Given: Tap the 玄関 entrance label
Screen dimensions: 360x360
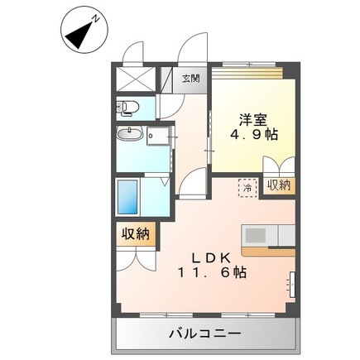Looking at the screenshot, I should point(190,79).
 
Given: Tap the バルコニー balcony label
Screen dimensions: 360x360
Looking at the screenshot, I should point(205,334).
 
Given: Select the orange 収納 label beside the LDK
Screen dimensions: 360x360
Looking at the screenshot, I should point(137,234).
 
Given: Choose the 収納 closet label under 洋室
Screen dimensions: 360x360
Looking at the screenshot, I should point(280,186).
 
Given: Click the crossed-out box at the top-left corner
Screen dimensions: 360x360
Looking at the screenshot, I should point(135,79).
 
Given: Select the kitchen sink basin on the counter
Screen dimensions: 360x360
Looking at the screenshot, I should point(255,234).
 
